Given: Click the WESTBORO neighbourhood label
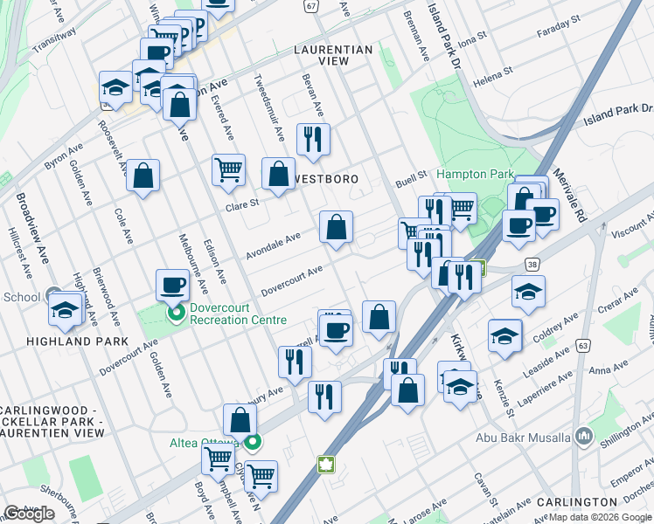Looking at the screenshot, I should click(328, 179).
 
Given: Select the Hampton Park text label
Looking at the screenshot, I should click(476, 175).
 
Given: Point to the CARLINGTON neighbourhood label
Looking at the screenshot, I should click(576, 502).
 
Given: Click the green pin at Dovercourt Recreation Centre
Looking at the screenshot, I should click(176, 312).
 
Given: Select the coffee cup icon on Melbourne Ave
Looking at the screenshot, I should click(172, 284).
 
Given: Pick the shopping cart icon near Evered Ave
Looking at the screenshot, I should click(228, 169).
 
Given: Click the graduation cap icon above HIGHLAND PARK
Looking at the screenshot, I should click(66, 308).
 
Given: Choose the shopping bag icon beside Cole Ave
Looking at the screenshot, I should click(143, 175).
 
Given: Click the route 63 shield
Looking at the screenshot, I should click(581, 347).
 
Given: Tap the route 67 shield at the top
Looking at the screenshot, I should click(310, 5).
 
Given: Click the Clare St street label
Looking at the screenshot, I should click(243, 205).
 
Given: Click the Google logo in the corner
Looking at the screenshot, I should click(29, 514).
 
